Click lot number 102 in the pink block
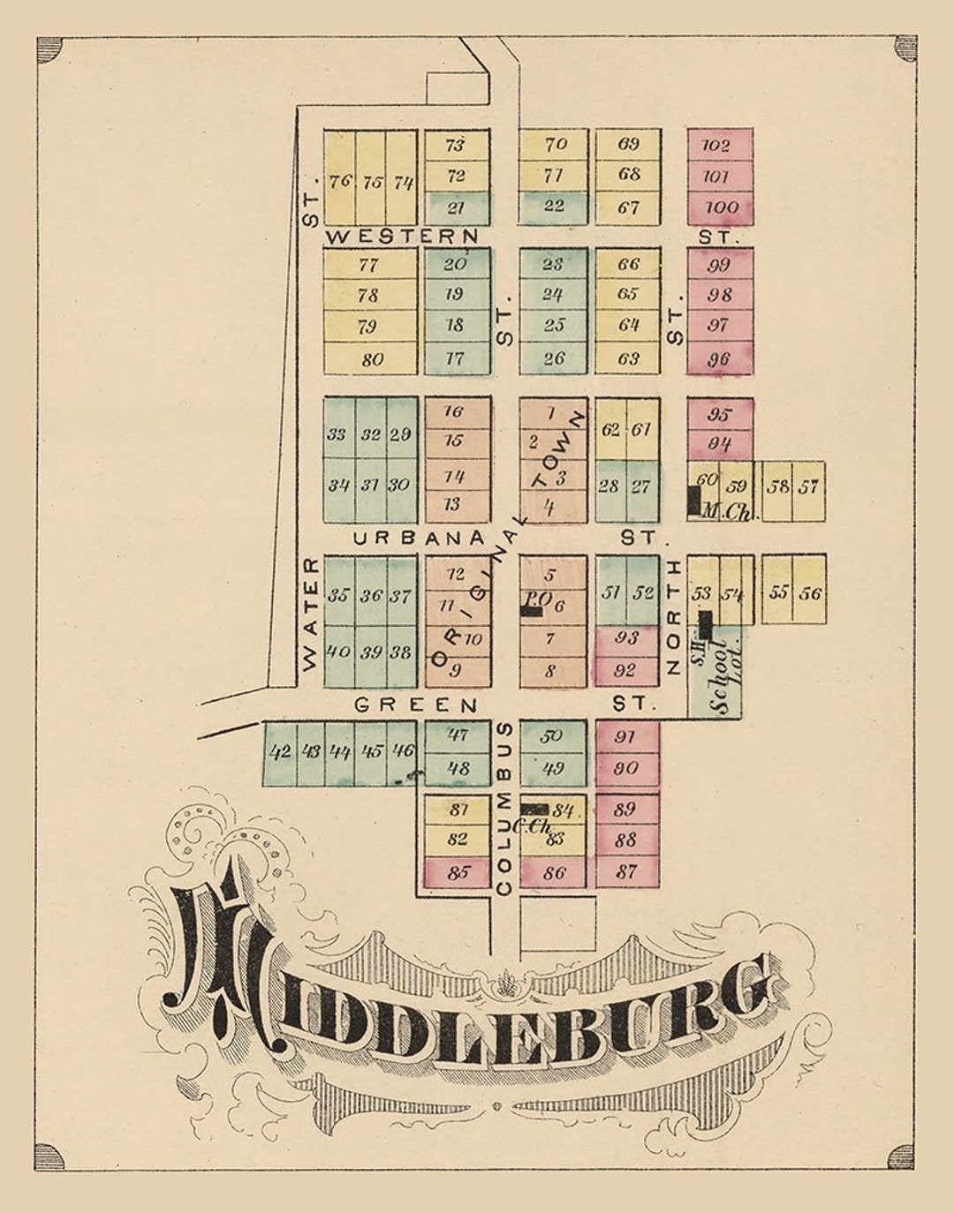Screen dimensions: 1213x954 click(x=715, y=145)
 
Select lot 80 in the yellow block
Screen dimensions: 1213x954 click(x=372, y=359)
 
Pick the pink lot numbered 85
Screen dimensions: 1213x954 click(x=458, y=873)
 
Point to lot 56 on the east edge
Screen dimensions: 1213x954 click(x=810, y=593)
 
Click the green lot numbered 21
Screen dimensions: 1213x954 click(x=456, y=208)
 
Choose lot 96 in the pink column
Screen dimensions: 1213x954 click(x=719, y=359)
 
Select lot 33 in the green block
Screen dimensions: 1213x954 click(x=337, y=434)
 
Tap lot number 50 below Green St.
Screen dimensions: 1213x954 click(x=551, y=735)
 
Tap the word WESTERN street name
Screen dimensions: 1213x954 click(x=402, y=237)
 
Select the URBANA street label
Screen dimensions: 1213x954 click(x=419, y=538)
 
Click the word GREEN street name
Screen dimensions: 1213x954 click(x=416, y=704)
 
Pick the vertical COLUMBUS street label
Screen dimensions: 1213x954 click(x=504, y=808)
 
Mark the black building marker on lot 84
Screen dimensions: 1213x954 click(x=534, y=809)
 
